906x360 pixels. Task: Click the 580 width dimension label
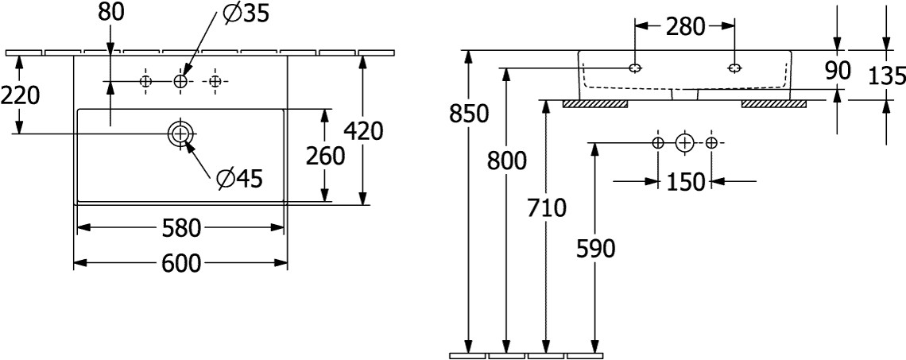pos(180,229)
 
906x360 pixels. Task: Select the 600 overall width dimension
pos(180,262)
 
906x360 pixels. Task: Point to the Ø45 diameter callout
pos(238,180)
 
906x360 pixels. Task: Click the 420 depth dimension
pos(362,130)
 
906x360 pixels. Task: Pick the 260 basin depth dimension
pos(325,156)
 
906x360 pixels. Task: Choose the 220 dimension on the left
pos(20,95)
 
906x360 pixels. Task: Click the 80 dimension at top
pos(110,13)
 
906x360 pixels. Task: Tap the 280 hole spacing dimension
pos(684,26)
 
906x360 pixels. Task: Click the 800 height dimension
pos(506,161)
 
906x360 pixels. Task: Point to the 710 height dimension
pos(546,208)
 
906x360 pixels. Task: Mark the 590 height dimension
pos(595,250)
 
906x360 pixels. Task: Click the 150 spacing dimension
pos(684,182)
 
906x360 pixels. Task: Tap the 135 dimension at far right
pos(887,76)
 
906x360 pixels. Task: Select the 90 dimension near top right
pos(838,70)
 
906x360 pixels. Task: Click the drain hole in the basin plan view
pos(180,134)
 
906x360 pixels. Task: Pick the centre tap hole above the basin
pos(180,81)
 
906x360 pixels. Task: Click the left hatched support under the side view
pos(595,103)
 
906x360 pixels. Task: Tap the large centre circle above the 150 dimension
pos(684,143)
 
